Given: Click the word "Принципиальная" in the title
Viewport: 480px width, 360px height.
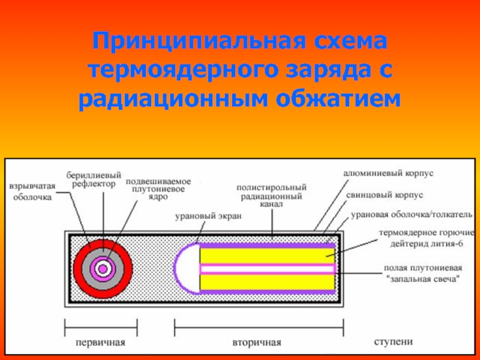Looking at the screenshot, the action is tap(199, 41).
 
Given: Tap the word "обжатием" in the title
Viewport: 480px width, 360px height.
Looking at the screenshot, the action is tap(338, 98).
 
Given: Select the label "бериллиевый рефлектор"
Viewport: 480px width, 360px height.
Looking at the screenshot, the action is tap(94, 179).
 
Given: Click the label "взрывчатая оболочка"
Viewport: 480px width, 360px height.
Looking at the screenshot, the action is tap(32, 191).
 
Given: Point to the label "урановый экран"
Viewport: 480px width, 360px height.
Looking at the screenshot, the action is tap(208, 216).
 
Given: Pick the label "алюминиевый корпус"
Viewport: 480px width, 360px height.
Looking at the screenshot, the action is tap(388, 173).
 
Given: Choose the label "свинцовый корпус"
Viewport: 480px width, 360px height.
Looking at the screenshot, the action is tap(385, 194).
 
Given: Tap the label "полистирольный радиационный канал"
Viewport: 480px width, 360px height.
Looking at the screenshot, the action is tap(272, 196).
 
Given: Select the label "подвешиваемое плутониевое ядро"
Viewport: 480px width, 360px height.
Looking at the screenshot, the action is tap(158, 189).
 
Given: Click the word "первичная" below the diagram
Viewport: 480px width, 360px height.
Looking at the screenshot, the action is tap(100, 342).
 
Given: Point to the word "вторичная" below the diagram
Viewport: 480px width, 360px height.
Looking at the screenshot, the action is tap(257, 342).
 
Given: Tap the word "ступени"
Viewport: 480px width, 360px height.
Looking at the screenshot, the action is tap(394, 341).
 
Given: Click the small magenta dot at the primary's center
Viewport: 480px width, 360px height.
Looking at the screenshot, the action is tap(103, 268).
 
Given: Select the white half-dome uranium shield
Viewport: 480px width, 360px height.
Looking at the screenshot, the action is tap(187, 268).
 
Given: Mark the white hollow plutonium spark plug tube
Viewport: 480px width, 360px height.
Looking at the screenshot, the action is tap(267, 269).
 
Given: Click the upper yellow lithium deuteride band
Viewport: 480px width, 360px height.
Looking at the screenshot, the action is tap(267, 256).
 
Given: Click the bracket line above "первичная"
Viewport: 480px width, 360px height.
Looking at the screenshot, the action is tap(101, 328).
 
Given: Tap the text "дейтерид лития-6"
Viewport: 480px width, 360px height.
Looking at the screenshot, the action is tap(426, 244).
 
